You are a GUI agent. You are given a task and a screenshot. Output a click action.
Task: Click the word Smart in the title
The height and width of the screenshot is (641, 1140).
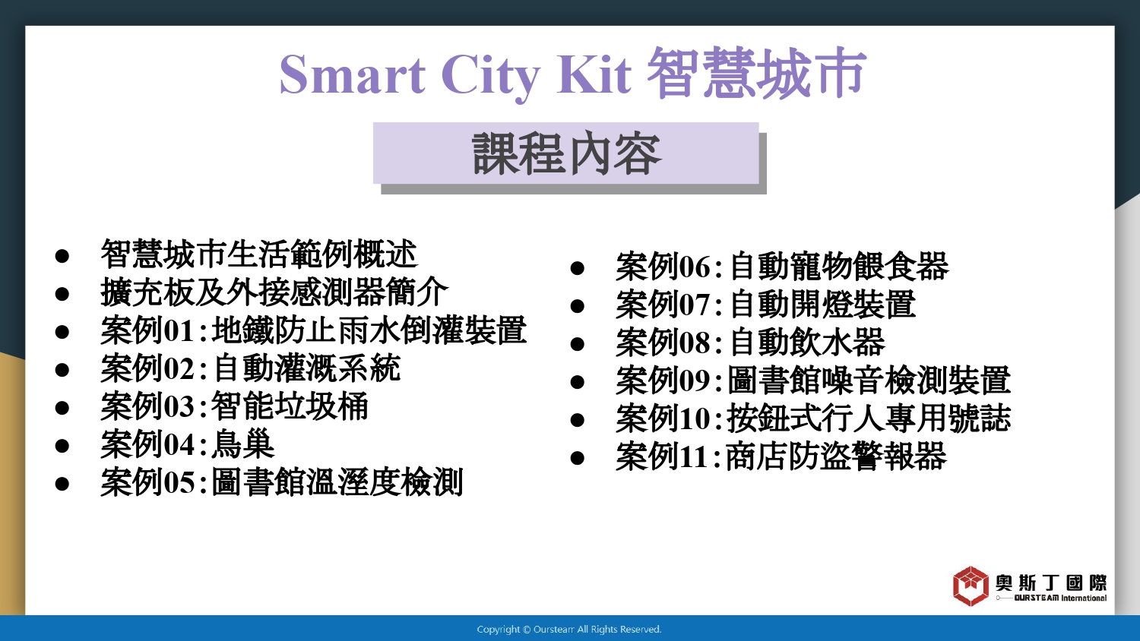pyautogui.click(x=352, y=74)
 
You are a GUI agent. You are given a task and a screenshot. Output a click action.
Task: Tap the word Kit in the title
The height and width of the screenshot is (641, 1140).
pyautogui.click(x=594, y=74)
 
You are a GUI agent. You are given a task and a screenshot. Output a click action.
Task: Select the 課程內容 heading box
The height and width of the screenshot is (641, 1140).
pyautogui.click(x=566, y=153)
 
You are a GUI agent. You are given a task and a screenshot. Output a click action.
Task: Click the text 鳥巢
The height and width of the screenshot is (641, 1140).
pyautogui.click(x=242, y=444)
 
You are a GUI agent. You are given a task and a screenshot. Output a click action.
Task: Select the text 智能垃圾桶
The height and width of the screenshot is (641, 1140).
pyautogui.click(x=289, y=406)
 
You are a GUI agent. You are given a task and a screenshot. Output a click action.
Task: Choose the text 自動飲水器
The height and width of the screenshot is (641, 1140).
pyautogui.click(x=807, y=342)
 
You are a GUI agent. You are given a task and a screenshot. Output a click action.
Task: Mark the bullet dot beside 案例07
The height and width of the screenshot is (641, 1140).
pyautogui.click(x=577, y=306)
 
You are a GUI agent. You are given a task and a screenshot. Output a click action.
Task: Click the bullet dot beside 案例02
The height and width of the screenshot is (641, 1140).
pyautogui.click(x=62, y=370)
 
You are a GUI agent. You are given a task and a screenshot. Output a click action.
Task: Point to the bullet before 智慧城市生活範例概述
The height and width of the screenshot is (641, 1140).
pyautogui.click(x=62, y=256)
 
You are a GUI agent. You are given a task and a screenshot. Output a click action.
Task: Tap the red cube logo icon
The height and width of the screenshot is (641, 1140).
pyautogui.click(x=971, y=586)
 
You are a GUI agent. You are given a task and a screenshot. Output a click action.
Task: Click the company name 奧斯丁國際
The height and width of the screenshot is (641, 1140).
pyautogui.click(x=1051, y=583)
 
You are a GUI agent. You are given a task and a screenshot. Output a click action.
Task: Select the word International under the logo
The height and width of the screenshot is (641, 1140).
pyautogui.click(x=1084, y=598)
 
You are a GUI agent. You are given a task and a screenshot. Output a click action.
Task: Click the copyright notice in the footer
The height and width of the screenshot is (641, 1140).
pyautogui.click(x=569, y=630)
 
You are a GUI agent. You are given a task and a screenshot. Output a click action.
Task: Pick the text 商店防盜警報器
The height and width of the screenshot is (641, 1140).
pyautogui.click(x=836, y=456)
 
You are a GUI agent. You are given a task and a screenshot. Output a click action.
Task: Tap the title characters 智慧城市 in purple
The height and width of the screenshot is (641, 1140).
pyautogui.click(x=756, y=73)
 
